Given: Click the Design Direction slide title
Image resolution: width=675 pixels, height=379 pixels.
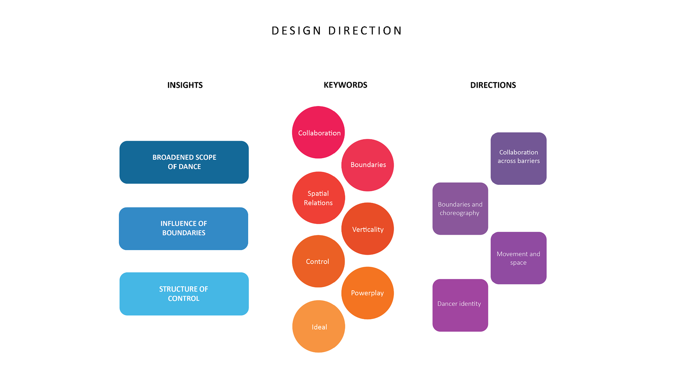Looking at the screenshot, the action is pos(336,31).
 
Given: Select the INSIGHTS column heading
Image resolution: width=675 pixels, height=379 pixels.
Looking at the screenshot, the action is pos(185,85).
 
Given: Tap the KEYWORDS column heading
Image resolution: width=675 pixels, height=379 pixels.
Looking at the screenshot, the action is pos(345,85).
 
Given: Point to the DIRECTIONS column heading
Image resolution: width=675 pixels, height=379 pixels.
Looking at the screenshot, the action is pos(493,85).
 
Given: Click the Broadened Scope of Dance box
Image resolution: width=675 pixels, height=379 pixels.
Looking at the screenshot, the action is pos(184,162).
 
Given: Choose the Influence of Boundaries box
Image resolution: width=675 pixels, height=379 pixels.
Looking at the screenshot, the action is pos(184,228).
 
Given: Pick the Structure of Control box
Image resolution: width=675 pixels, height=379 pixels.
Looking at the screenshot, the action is pos(184,294).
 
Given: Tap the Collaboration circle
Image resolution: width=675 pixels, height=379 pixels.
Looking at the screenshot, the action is pos(319,132).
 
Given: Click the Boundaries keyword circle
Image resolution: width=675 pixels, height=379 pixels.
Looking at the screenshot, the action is pos(368,165).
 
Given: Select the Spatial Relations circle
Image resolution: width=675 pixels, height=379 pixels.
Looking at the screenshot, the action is pos(319,198).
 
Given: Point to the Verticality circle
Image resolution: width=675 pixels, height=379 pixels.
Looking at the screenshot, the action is pos(368,229).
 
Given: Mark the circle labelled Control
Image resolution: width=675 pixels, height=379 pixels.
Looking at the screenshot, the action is pos(319,261).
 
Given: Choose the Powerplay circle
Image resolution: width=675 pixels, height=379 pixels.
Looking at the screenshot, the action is pos(368,293).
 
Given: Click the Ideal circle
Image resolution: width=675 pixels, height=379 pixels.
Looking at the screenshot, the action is pos(319,326).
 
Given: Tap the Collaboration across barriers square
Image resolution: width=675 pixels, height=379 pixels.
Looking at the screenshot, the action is pos(519,158).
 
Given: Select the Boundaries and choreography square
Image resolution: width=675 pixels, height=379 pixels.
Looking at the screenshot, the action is pos(460,208).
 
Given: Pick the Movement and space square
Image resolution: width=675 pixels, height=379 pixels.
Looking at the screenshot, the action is pos(519,258).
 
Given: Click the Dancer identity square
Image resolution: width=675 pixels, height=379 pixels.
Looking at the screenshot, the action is pos(460,305).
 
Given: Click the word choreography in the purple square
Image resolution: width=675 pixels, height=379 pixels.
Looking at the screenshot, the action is pos(459,213).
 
